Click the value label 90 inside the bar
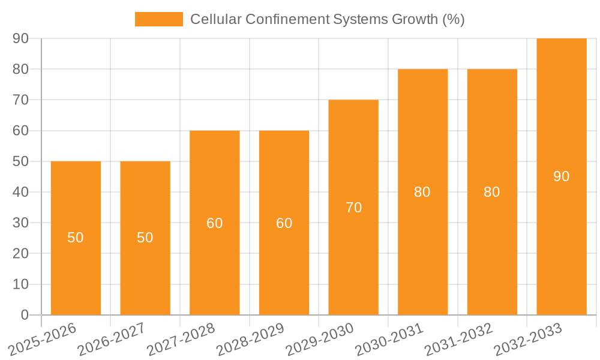point(562,176)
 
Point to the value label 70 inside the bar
point(353,208)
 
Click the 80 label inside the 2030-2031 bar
point(422,192)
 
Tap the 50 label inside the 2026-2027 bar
point(145,238)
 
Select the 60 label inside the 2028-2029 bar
point(284,223)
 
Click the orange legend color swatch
point(159,19)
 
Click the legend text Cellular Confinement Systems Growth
point(327,19)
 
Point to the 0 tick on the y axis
point(25,315)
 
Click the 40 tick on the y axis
point(21,192)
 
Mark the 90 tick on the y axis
point(21,38)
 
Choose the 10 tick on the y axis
point(21,284)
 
